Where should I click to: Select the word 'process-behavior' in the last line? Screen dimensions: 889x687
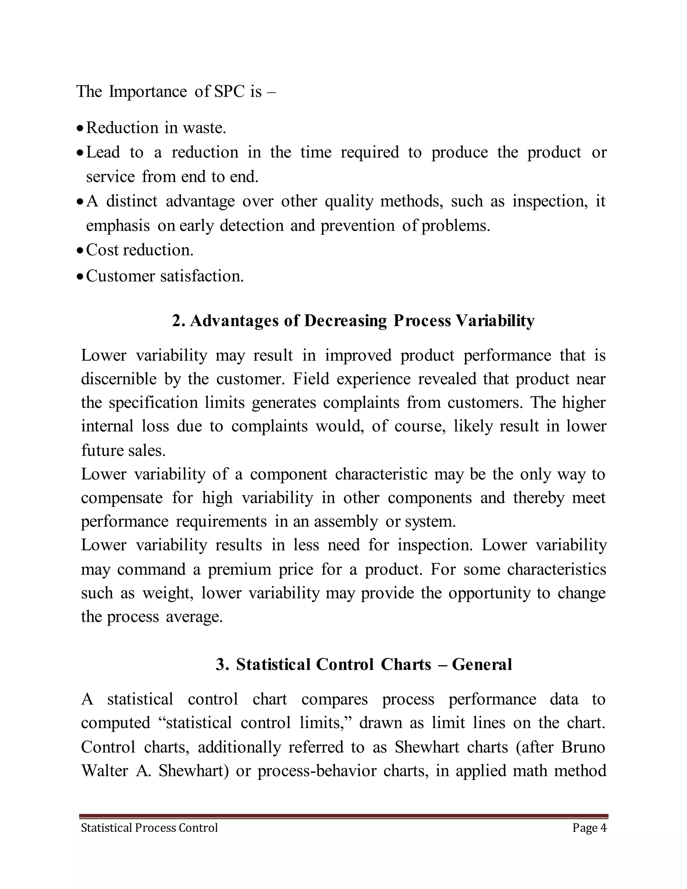pyautogui.click(x=317, y=771)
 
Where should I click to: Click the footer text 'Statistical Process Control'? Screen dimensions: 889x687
pyautogui.click(x=149, y=828)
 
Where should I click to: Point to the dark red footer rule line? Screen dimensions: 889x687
pyautogui.click(x=343, y=816)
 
